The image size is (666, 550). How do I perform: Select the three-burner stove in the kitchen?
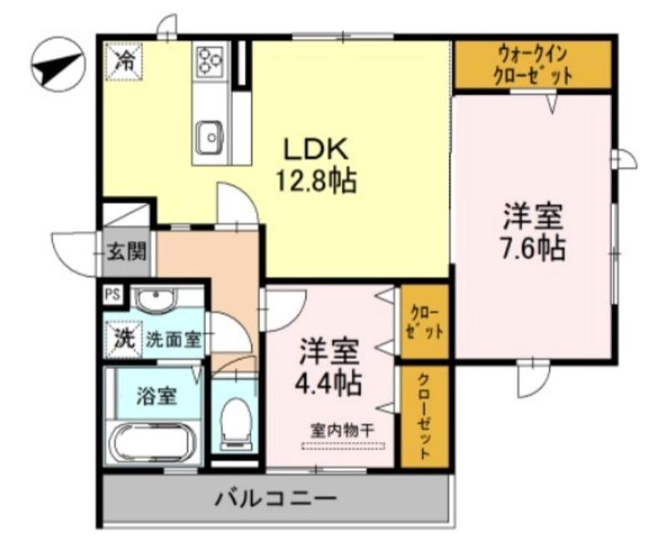211,60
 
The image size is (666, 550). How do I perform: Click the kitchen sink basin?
210,133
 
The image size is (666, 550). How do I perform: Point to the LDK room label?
315,150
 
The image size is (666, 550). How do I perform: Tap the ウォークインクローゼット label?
533,65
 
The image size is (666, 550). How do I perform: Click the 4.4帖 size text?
331,382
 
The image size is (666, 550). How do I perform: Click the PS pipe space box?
112,294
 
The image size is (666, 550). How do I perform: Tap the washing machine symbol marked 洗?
123,339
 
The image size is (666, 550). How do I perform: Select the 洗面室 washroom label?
173,339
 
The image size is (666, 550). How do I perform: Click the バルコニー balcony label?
276,499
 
